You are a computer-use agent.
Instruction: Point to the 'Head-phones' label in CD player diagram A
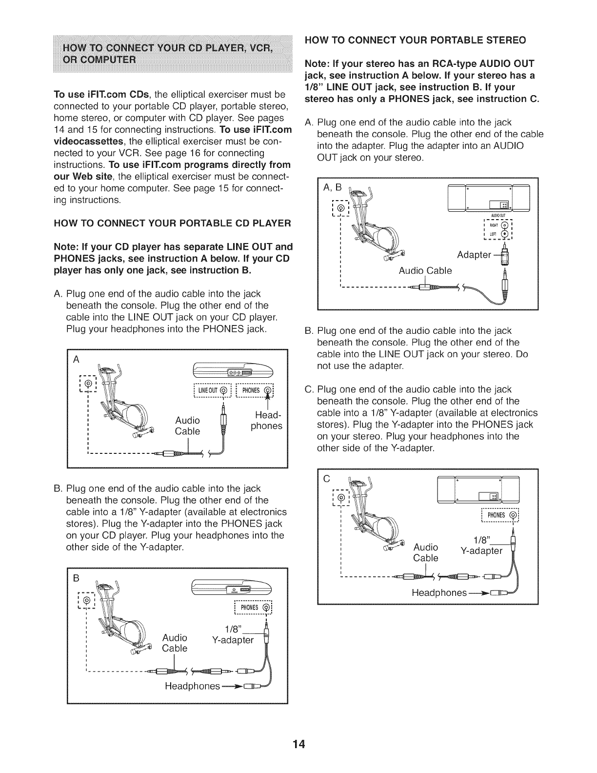(x=266, y=421)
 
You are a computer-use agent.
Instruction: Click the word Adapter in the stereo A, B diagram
(x=474, y=255)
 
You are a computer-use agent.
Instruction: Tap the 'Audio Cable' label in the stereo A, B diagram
(x=425, y=270)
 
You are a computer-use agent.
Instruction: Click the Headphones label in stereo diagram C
(x=439, y=592)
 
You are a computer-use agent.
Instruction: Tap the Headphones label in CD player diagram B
(x=192, y=686)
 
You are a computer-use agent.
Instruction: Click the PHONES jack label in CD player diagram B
(x=254, y=608)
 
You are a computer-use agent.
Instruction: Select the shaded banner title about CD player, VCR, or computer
(x=172, y=55)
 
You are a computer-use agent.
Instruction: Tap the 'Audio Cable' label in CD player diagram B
(x=175, y=643)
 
